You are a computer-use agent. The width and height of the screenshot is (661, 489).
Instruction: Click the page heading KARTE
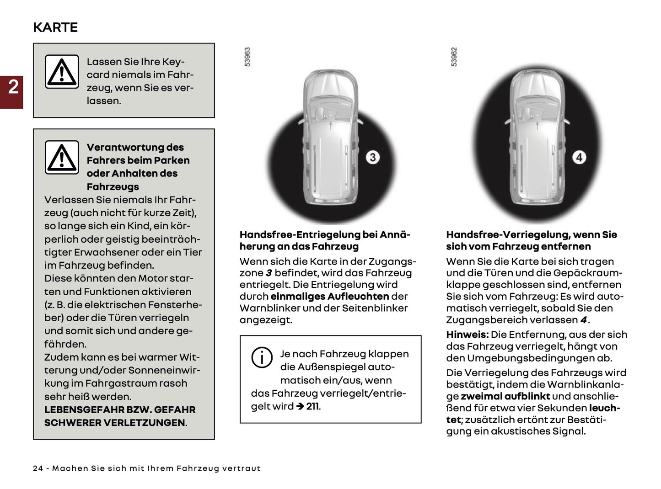(x=55, y=27)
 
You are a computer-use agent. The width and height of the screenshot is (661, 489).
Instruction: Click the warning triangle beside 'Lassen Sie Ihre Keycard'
(x=62, y=72)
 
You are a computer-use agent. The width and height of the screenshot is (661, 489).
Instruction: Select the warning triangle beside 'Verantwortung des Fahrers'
(x=62, y=157)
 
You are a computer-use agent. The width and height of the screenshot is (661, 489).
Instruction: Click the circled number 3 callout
(x=372, y=157)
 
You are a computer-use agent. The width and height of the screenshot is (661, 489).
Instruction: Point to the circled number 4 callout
(x=579, y=157)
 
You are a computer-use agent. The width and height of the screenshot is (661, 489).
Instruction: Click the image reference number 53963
(x=247, y=57)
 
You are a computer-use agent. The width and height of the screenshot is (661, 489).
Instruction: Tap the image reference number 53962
(x=454, y=57)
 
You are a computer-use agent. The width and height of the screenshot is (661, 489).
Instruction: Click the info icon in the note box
(x=262, y=357)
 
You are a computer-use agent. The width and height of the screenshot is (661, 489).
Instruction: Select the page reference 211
(x=312, y=406)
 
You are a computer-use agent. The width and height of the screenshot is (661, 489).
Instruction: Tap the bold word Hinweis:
(x=467, y=335)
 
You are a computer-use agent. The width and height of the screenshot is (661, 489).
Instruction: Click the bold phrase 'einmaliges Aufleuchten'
(x=329, y=297)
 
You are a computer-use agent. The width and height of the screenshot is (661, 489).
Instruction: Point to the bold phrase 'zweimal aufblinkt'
(x=505, y=396)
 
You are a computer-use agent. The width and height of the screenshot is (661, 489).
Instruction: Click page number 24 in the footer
(x=38, y=468)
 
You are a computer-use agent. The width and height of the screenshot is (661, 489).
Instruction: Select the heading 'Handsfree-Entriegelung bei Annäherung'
(x=325, y=240)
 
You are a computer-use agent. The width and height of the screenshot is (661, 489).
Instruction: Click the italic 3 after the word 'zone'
(x=269, y=273)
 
